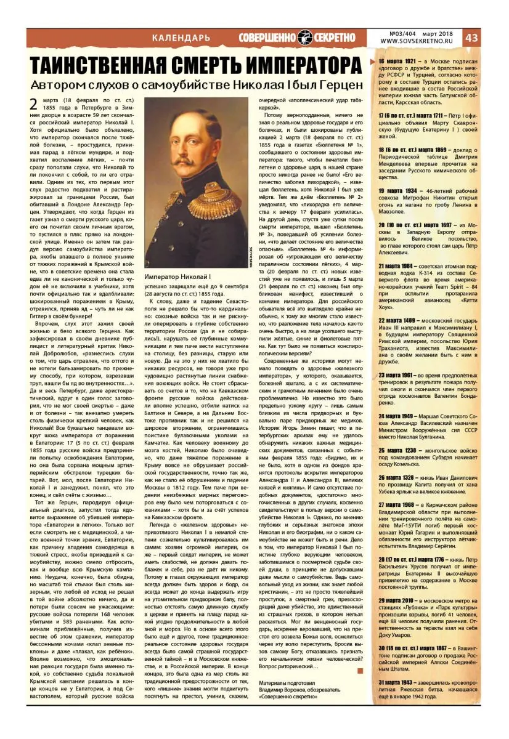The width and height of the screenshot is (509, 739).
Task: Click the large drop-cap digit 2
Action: tap(35, 105)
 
